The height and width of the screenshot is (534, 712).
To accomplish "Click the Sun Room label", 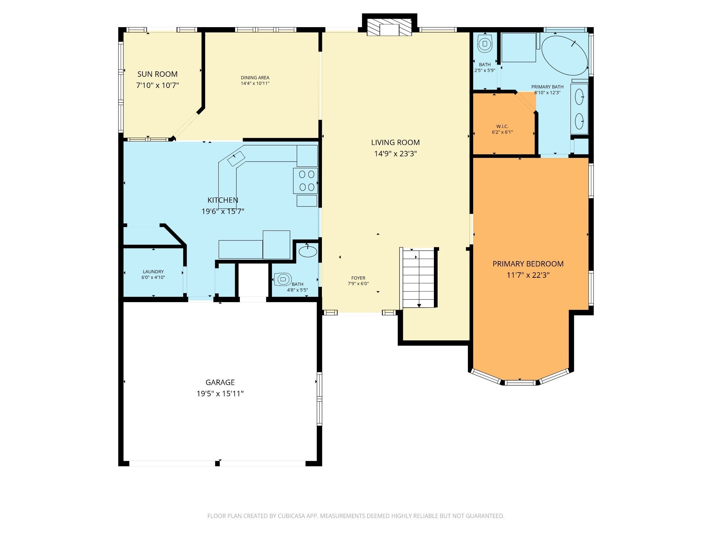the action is pyautogui.click(x=157, y=74).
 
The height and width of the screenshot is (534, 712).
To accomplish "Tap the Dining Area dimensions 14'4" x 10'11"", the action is pyautogui.click(x=255, y=83).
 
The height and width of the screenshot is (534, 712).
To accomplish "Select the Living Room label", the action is pyautogui.click(x=395, y=142).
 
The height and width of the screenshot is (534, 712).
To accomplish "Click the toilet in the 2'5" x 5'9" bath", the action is pyautogui.click(x=485, y=43).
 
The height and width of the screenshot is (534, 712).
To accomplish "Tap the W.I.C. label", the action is pyautogui.click(x=502, y=127).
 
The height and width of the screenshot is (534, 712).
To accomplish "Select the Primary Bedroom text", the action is pyautogui.click(x=528, y=264).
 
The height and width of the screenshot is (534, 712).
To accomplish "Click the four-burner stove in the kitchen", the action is pyautogui.click(x=305, y=181).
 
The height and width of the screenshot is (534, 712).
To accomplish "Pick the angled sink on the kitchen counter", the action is pyautogui.click(x=236, y=159).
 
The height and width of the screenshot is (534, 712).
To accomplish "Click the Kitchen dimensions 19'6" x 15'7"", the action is pyautogui.click(x=223, y=211).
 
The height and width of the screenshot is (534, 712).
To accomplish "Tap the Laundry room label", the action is pyautogui.click(x=153, y=272).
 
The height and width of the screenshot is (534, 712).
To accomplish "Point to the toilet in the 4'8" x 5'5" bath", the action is pyautogui.click(x=282, y=279).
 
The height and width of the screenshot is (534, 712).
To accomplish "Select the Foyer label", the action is pyautogui.click(x=358, y=278).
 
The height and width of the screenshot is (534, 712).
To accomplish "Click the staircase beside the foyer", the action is pyautogui.click(x=419, y=278).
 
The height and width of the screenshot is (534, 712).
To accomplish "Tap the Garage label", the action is pyautogui.click(x=220, y=382).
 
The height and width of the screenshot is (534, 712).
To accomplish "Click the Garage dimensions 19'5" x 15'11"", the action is pyautogui.click(x=220, y=394).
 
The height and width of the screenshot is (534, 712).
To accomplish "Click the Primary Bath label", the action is pyautogui.click(x=547, y=87).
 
